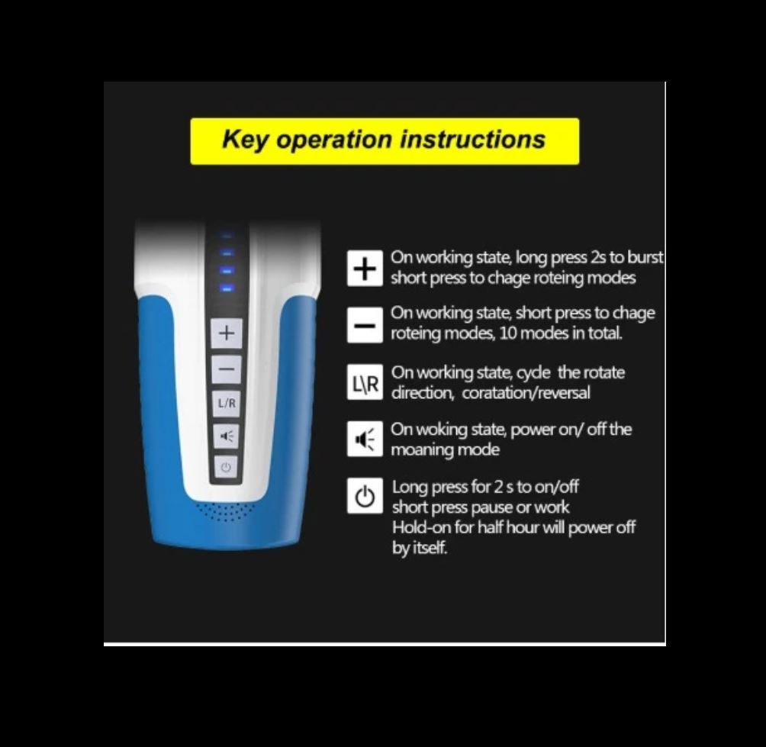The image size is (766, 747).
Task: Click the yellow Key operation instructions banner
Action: tap(385, 141)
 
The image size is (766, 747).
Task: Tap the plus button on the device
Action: tap(226, 333)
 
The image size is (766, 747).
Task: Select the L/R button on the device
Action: tap(226, 403)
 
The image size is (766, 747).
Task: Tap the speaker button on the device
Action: tap(226, 436)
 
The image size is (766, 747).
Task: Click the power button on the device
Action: tap(225, 468)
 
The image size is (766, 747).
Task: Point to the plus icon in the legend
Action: tap(365, 269)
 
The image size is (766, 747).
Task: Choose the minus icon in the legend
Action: tap(365, 325)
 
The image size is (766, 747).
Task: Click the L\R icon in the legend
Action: tap(365, 382)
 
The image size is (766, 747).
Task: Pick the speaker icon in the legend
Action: tap(365, 439)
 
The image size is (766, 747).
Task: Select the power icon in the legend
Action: tap(365, 496)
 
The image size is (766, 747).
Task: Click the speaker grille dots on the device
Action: tap(225, 511)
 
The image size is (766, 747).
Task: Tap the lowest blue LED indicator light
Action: tap(226, 288)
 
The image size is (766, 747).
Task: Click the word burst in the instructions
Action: tap(645, 257)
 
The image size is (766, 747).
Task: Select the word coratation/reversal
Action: tap(526, 393)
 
